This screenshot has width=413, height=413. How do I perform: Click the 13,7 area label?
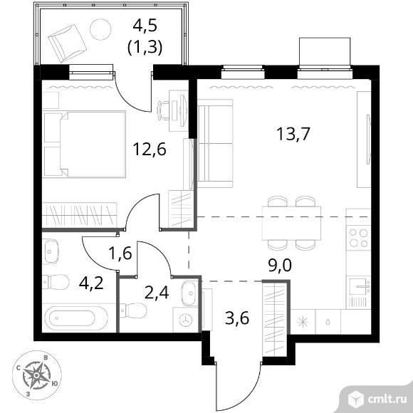293,134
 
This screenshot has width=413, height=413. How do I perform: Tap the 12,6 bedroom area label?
150,149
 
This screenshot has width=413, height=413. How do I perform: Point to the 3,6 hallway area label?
237,318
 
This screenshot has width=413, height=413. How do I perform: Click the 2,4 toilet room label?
157,293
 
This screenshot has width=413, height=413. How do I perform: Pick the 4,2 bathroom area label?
91,283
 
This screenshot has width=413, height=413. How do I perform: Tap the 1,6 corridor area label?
120,253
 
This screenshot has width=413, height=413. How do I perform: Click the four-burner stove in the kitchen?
358,238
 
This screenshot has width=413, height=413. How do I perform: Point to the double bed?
84,144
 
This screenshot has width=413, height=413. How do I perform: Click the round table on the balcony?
100,29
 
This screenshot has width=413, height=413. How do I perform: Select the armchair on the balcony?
68,43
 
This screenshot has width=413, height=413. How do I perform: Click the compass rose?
37,375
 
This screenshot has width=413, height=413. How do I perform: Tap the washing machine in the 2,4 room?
185,320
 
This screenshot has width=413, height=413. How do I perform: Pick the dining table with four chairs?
291,223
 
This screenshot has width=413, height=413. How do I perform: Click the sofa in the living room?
216,143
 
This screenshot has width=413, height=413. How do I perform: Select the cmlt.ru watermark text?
387,399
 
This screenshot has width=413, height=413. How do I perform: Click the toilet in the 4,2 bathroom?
56,282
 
